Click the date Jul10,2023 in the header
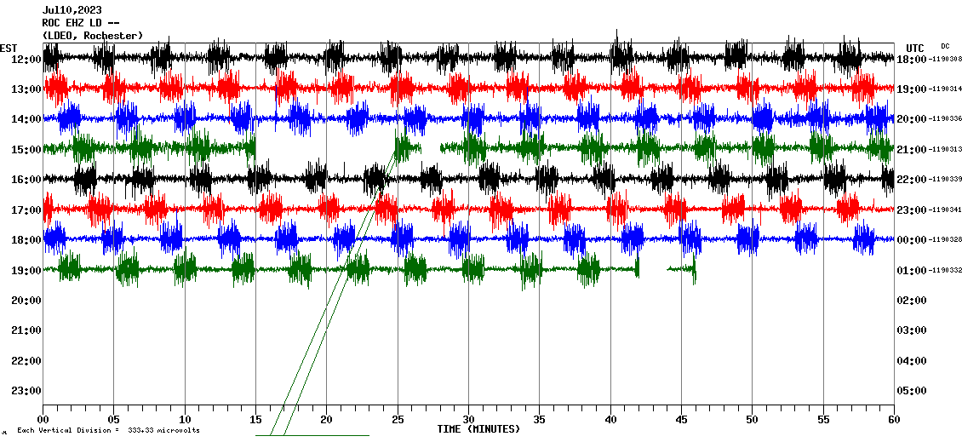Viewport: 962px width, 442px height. (72, 10)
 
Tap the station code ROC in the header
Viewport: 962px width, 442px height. (52, 23)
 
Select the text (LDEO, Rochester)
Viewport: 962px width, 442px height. (93, 35)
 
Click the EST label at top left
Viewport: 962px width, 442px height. (8, 48)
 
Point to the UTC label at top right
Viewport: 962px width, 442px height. (915, 48)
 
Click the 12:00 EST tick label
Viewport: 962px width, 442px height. (26, 59)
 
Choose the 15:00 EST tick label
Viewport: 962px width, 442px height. (26, 150)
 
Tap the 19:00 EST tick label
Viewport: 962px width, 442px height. (26, 271)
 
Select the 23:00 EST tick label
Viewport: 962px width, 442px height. (26, 391)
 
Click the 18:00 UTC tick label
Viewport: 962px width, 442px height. (913, 59)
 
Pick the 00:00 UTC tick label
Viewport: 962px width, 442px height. (913, 240)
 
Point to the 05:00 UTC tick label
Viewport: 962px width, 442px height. (913, 391)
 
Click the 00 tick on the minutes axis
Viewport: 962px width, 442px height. (43, 419)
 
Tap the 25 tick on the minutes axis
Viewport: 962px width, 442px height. (398, 419)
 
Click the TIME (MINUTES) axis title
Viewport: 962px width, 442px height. (478, 429)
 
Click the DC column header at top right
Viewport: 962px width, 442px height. (945, 46)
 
